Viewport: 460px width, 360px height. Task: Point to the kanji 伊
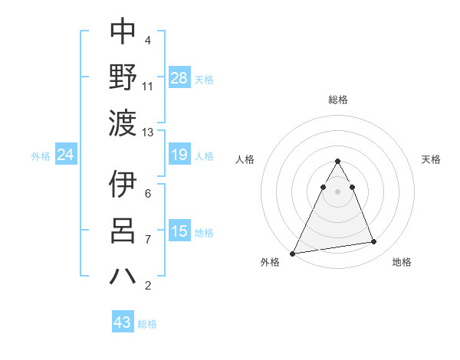(x=123, y=185)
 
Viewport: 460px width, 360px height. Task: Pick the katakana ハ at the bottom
(x=123, y=276)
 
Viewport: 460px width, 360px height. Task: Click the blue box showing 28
(x=179, y=78)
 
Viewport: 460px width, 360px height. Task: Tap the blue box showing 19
(x=179, y=155)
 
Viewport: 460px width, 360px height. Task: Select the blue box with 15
(x=179, y=231)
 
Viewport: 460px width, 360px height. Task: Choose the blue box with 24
(x=66, y=155)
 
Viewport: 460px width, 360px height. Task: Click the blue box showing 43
(x=123, y=322)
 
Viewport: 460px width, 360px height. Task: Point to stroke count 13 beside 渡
(x=148, y=132)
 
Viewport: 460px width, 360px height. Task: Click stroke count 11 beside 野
(x=148, y=86)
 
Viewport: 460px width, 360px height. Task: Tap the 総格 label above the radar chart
(x=337, y=100)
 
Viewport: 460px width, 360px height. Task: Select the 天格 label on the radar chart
(x=431, y=159)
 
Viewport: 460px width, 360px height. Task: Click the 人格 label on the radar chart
(x=245, y=159)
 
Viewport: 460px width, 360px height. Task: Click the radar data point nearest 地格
(x=374, y=242)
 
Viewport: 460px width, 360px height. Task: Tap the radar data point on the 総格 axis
(x=337, y=162)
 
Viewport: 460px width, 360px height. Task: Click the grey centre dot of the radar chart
(x=337, y=191)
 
